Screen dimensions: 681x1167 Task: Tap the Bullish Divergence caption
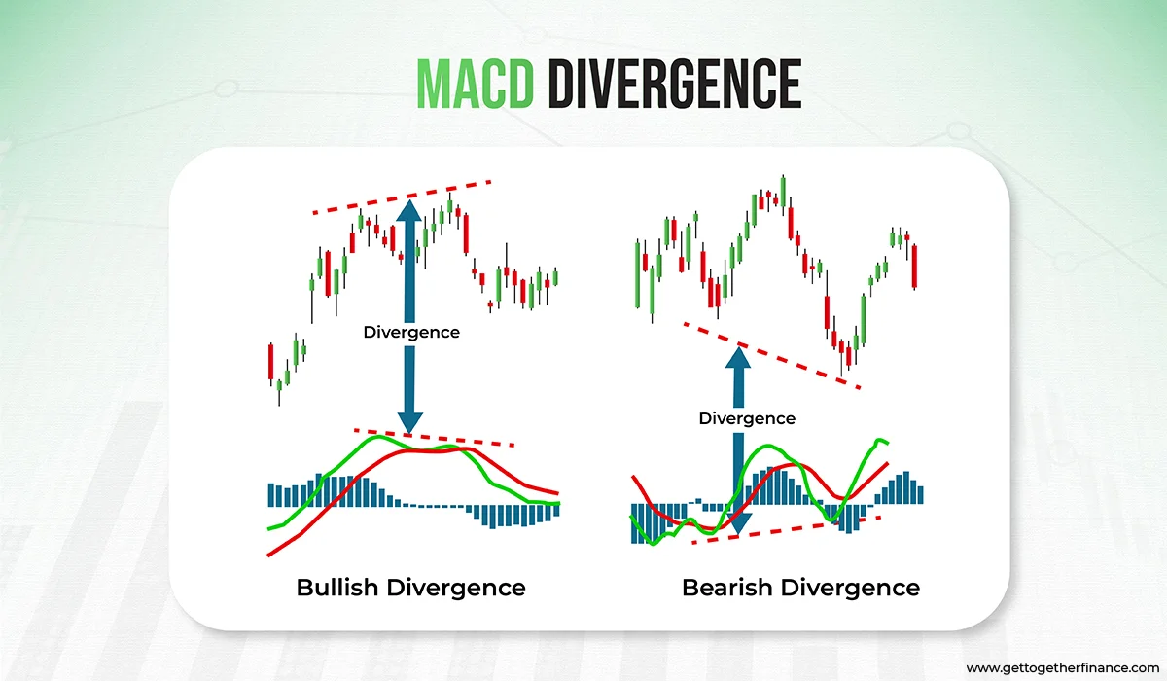point(410,588)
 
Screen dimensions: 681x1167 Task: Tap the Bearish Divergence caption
point(800,588)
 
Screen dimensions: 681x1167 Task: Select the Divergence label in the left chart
point(411,332)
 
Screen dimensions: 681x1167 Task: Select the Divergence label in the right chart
point(747,418)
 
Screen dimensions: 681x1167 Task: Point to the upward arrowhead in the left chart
point(409,209)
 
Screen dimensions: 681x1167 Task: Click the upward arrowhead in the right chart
point(740,358)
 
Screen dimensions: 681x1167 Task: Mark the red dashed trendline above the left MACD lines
point(434,437)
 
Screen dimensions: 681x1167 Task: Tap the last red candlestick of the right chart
point(915,265)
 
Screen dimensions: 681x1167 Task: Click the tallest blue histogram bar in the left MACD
point(324,491)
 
